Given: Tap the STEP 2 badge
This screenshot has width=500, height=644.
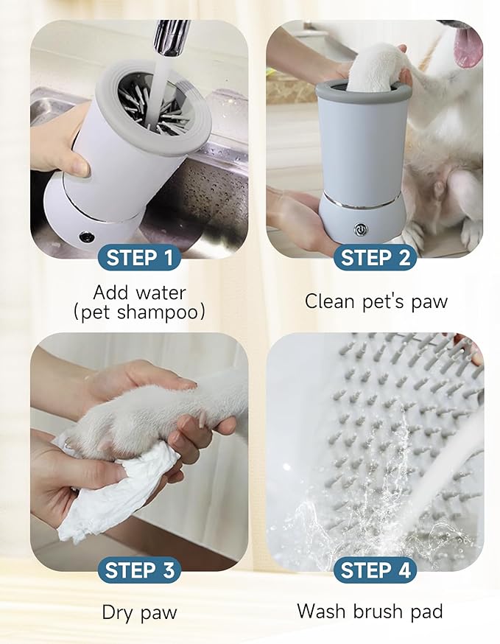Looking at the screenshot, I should tap(375, 258).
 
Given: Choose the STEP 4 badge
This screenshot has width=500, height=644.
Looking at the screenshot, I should tap(375, 570).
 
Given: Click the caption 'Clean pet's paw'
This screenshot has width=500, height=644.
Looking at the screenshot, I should tap(376, 301).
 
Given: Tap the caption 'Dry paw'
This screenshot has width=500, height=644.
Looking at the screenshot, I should tap(139, 612).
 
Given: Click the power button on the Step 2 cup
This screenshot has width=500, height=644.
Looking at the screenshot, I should tap(361, 229).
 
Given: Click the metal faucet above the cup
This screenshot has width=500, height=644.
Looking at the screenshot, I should tap(171, 37).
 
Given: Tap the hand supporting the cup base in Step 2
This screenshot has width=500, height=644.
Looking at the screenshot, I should tap(295, 221).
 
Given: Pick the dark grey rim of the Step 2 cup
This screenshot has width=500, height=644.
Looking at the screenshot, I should tap(362, 92).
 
